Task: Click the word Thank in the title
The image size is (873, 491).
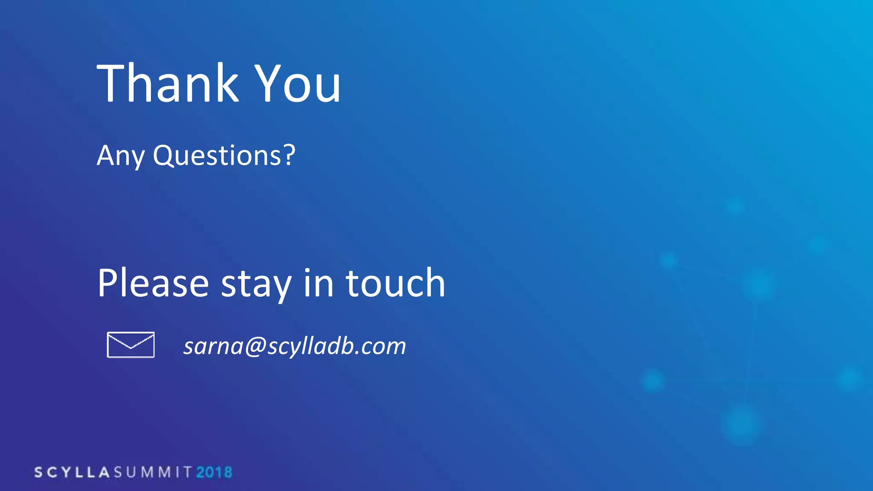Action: pos(168,83)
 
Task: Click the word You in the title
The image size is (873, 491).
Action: pos(298,83)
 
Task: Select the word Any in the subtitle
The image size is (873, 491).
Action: pos(121,156)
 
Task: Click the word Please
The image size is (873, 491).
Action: pos(153,283)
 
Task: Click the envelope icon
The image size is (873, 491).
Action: pos(130,345)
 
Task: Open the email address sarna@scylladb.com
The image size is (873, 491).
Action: pos(295,346)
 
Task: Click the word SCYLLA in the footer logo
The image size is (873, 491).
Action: pos(72,472)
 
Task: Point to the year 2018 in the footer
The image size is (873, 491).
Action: pos(214,472)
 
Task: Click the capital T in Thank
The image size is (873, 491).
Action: pos(113,83)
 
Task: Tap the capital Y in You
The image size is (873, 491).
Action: pos(268,83)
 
